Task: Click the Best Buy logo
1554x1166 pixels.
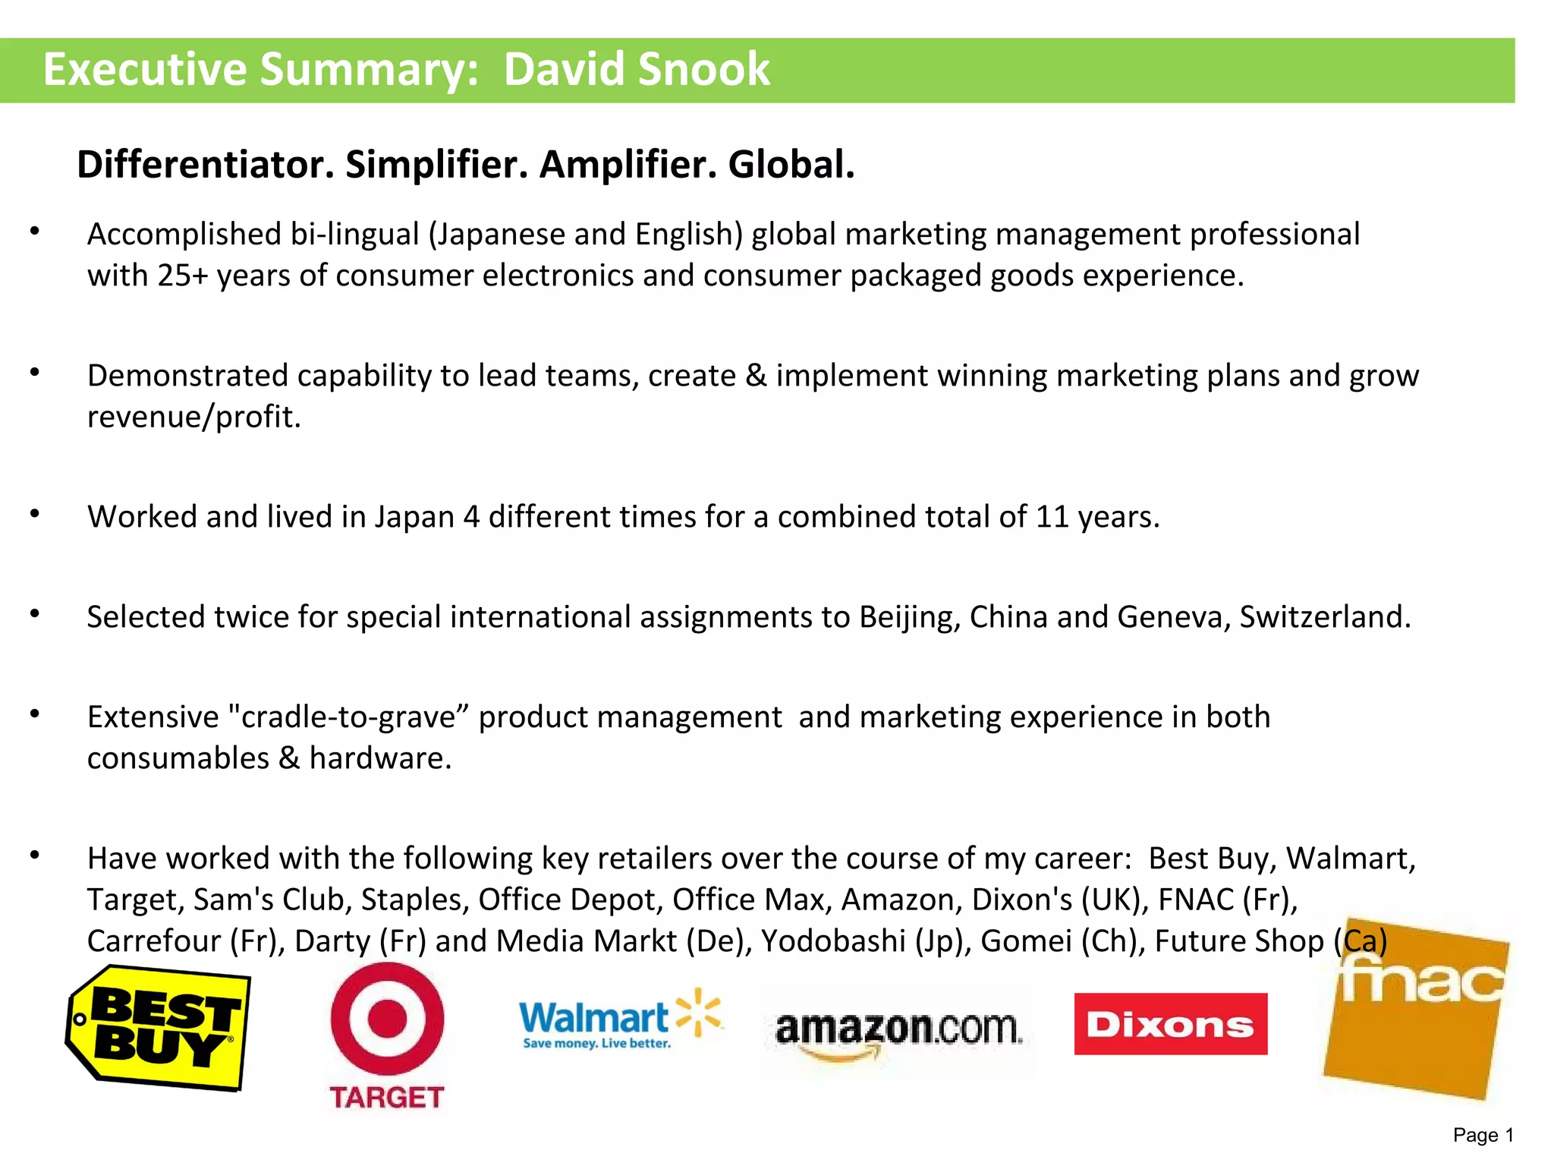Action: click(x=159, y=1028)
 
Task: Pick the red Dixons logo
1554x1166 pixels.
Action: click(x=1170, y=1024)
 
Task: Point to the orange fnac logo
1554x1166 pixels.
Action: click(x=1416, y=1010)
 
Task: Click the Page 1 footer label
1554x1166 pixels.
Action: click(x=1483, y=1135)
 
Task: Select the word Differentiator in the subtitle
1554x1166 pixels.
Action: click(x=206, y=165)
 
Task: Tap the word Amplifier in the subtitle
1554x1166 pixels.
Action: click(x=628, y=165)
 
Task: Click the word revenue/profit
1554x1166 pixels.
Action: click(x=193, y=417)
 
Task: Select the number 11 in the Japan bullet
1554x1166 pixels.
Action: click(x=1052, y=517)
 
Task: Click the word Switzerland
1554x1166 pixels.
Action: click(x=1325, y=617)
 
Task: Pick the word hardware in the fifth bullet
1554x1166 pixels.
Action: click(x=380, y=758)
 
